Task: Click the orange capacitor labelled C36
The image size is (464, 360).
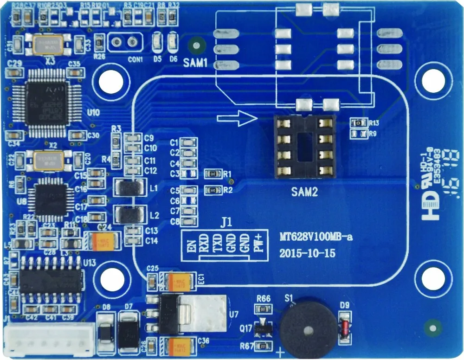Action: (178, 346)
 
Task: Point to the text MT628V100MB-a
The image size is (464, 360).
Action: (316, 238)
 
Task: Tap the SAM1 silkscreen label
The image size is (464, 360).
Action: (195, 63)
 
